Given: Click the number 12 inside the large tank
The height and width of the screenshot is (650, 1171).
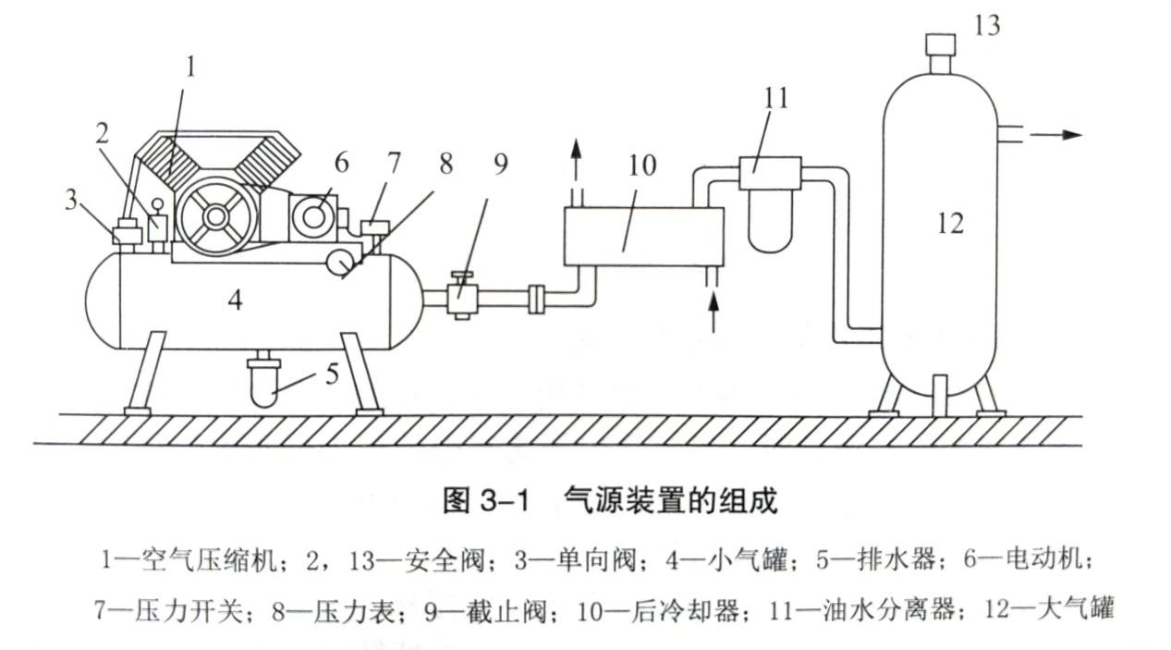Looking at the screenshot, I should (950, 223).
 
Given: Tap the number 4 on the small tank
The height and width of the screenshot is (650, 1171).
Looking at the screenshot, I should (235, 300).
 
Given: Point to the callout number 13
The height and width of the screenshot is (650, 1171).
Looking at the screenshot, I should (987, 25).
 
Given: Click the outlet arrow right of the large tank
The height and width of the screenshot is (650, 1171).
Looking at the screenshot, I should (1056, 134).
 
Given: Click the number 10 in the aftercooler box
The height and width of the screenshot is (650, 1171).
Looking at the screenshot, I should (641, 166).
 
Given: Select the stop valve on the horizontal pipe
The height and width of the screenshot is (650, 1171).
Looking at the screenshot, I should (460, 298).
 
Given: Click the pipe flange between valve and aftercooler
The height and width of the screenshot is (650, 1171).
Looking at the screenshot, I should (536, 300).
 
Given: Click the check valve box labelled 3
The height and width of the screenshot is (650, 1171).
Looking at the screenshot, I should (125, 235).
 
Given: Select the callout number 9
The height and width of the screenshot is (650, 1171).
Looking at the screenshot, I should (500, 165).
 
